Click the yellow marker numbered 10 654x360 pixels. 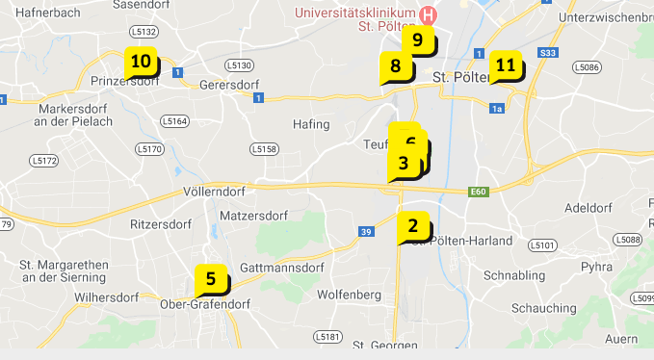141,63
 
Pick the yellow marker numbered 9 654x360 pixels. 417,39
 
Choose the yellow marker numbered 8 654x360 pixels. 395,66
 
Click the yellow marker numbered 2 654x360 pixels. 413,226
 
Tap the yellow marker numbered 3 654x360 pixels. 403,164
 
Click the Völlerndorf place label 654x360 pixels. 220,192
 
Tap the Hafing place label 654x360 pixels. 311,124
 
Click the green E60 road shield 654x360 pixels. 479,193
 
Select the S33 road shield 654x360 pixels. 549,52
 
